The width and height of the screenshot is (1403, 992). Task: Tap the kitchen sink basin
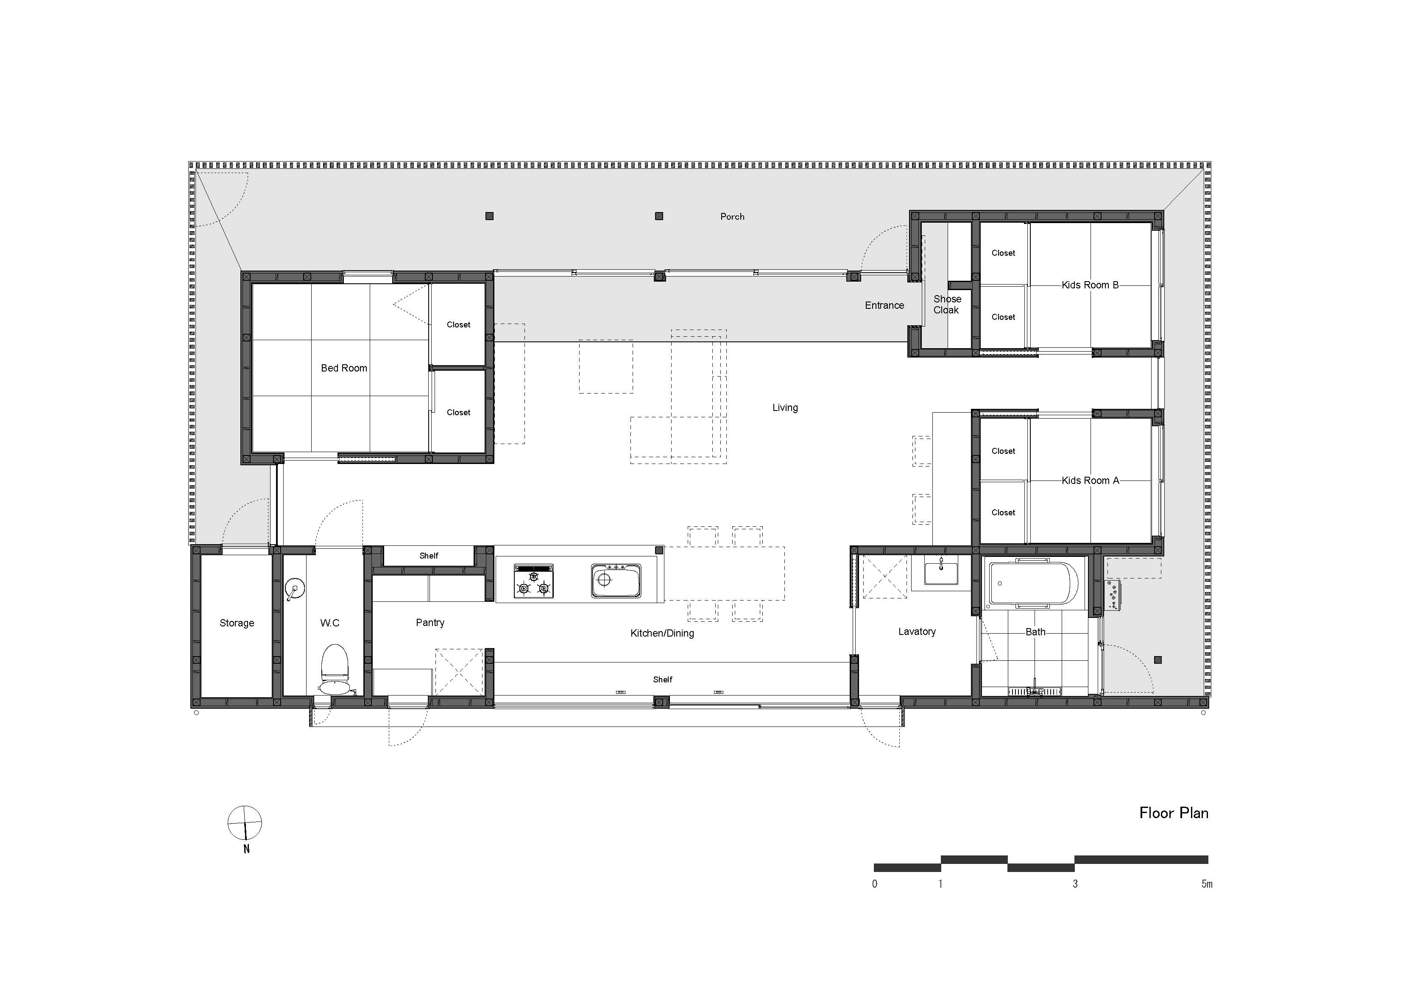pos(616,580)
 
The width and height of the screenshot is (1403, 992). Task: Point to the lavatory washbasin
pos(941,573)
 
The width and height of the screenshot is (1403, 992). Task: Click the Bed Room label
pos(344,368)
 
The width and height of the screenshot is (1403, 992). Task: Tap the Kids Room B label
pos(1090,285)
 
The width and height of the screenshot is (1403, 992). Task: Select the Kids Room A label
pos(1090,481)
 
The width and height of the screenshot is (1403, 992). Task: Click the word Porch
pos(732,216)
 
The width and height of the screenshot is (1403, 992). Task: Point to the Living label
pos(785,408)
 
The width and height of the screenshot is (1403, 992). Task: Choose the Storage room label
pos(237,623)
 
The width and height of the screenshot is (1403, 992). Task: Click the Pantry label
pos(430,622)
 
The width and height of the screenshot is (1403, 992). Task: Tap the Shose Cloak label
pos(946,305)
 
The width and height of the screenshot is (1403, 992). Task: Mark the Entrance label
pos(884,305)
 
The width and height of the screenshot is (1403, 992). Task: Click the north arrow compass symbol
pos(245,823)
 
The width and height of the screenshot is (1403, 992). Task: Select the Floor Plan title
pos(1173,813)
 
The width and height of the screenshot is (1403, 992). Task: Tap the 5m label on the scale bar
pos(1206,884)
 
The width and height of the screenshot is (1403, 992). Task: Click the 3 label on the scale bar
pos(1075,884)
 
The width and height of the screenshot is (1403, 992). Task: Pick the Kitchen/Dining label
pos(662,633)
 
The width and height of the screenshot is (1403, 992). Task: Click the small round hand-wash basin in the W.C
pos(295,590)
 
